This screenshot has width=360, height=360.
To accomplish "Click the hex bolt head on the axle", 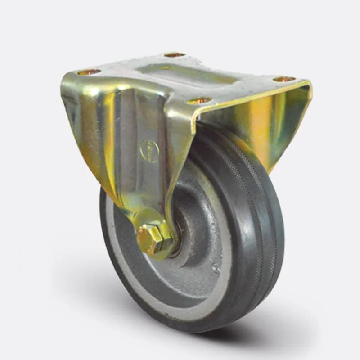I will (149, 239).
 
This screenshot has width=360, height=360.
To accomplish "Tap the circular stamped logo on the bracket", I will (150, 151).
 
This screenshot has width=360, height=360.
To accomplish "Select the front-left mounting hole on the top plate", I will (89, 72).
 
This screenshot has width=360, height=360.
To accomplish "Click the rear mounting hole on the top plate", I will (174, 55).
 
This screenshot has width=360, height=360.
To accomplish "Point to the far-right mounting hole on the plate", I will (284, 80).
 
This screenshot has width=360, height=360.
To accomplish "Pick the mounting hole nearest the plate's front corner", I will (199, 100).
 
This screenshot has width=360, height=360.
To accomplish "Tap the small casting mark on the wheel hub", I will (216, 269).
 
